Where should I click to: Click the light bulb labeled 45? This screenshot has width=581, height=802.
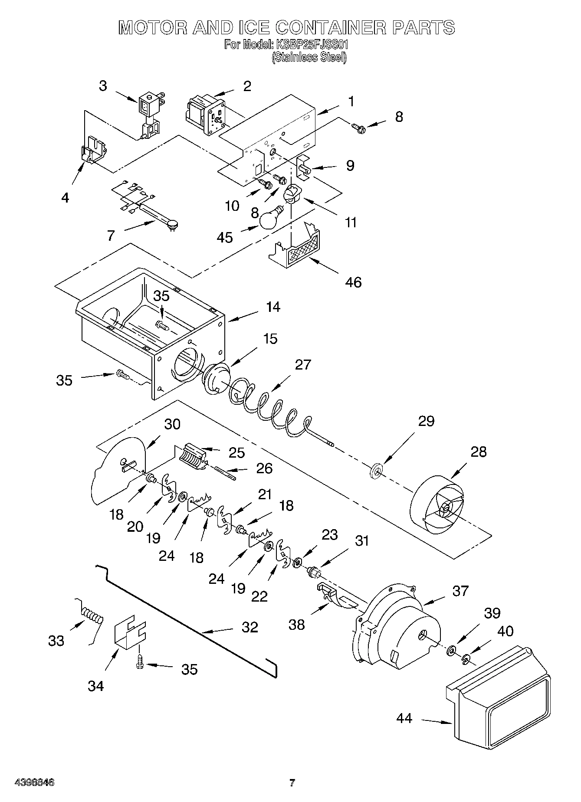[x=269, y=219]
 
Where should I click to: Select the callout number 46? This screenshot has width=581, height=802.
[x=353, y=282]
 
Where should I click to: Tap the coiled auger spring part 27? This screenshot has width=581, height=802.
[x=265, y=403]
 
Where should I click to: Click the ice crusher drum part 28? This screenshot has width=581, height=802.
[x=438, y=506]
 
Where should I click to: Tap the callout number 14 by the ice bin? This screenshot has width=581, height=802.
[x=273, y=307]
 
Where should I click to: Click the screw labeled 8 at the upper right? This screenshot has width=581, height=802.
[x=359, y=128]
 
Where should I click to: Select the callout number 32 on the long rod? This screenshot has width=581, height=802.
[x=250, y=627]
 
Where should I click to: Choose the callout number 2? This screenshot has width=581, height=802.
[x=247, y=86]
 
